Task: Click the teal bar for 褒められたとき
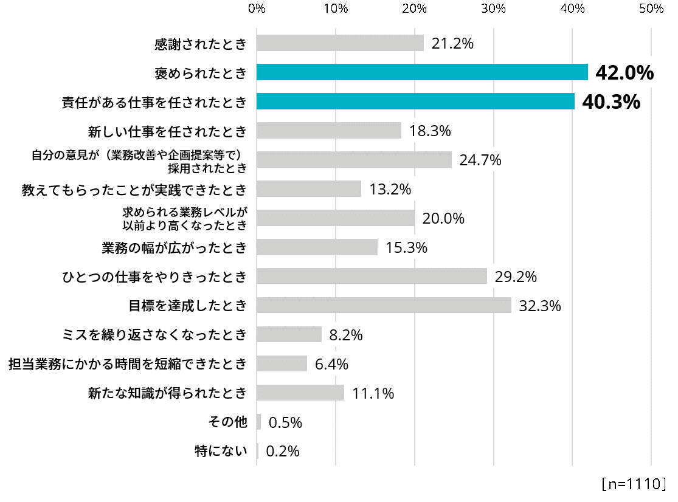(422, 72)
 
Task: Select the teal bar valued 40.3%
(415, 101)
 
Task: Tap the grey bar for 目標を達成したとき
(384, 305)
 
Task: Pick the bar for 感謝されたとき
(340, 43)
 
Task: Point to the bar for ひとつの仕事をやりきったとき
(372, 276)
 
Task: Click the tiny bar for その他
(259, 422)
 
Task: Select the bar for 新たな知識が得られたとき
(300, 393)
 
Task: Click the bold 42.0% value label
(624, 73)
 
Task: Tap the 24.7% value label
(480, 160)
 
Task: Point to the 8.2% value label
(346, 335)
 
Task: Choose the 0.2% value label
(283, 452)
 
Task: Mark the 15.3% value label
(406, 247)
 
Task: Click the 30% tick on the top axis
(494, 9)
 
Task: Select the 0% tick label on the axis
(257, 9)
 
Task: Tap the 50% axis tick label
(651, 9)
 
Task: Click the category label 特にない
(221, 451)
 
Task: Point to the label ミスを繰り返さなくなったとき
(155, 334)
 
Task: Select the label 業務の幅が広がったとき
(174, 247)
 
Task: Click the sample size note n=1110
(634, 484)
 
